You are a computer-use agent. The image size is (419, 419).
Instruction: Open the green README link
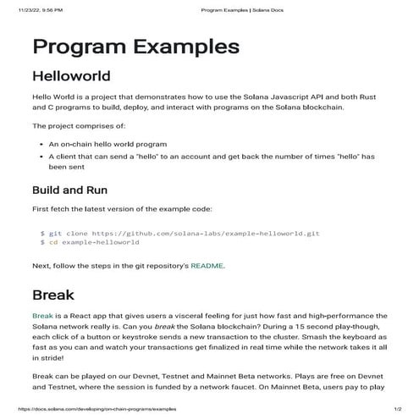point(207,265)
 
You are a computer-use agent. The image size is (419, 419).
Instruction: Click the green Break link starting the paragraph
point(42,316)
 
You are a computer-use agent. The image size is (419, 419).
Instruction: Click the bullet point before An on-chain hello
point(41,145)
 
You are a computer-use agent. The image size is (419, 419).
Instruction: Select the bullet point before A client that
point(41,157)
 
